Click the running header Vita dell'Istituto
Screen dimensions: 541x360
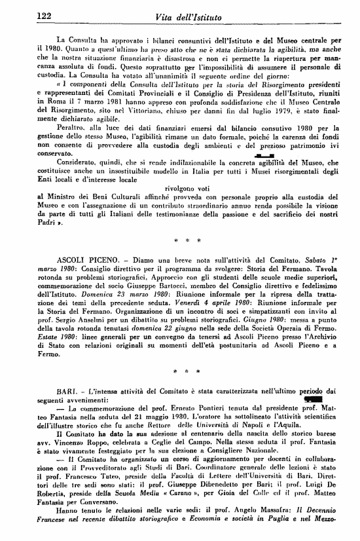[x=183, y=16]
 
